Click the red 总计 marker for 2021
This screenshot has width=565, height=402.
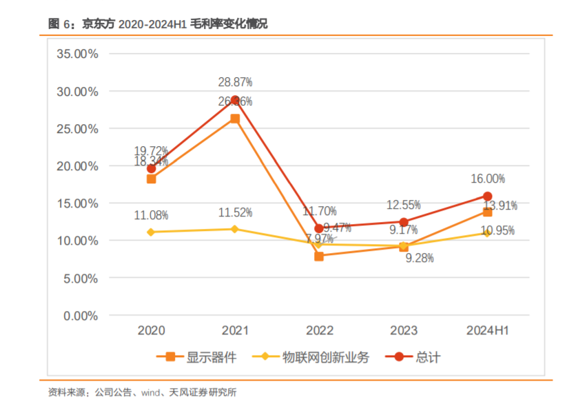point(235,100)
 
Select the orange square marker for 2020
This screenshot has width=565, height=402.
point(151,179)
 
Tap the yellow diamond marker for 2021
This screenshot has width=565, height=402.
point(235,229)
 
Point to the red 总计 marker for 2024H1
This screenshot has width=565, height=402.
point(487,196)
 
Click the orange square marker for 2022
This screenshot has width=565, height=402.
point(319,256)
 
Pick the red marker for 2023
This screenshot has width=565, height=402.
point(404,222)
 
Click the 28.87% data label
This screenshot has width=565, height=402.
point(235,82)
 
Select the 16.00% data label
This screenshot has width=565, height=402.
point(487,179)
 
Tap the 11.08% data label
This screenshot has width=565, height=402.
point(151,215)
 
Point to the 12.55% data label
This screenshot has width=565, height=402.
point(404,205)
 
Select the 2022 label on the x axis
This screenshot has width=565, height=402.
point(319,331)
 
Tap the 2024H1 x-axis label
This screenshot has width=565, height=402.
point(487,331)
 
